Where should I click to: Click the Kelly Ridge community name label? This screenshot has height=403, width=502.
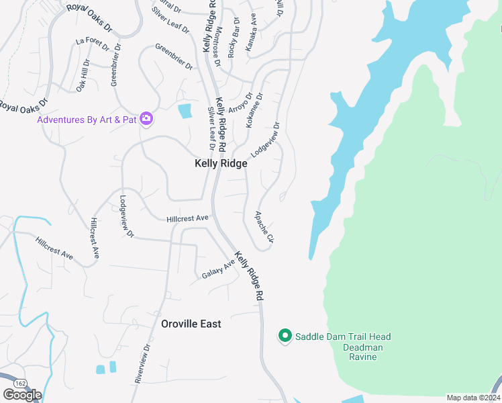coord(221,163)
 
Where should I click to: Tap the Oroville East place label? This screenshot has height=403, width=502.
coord(191,324)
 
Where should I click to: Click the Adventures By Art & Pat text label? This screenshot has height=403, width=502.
coord(87,120)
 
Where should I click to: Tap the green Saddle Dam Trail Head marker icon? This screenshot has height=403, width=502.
coord(285,336)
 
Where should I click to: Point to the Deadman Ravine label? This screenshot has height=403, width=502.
coord(362,352)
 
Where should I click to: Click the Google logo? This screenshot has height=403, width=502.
coord(22,395)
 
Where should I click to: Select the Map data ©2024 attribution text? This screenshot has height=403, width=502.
coord(474,398)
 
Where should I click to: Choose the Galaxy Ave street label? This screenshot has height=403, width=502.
coord(219,270)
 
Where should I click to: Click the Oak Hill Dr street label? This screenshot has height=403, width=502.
coord(83,75)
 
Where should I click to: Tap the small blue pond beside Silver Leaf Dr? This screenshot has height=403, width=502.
coord(185,111)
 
